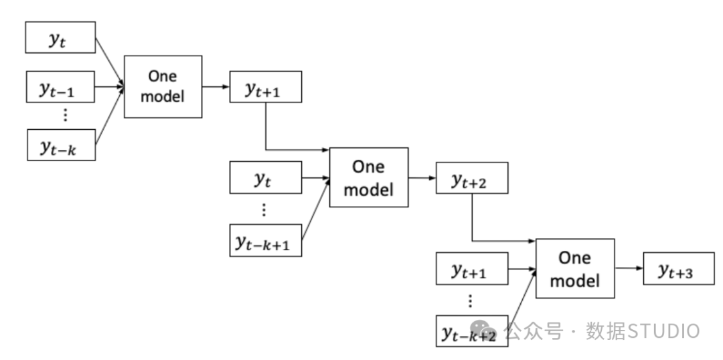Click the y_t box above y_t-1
pos(60,37)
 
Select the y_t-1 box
pos(60,87)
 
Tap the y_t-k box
pos(62,145)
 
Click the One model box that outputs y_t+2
pos(369,177)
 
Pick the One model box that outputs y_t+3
pos(575,268)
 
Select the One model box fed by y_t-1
pos(163,87)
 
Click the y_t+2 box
pos(472,178)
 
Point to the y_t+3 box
pos(679,268)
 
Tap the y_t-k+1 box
pos(266,240)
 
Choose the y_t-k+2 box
pos(472,331)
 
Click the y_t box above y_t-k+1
pos(266,177)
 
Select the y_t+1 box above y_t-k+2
pos(472,268)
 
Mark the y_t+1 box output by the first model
pos(266,87)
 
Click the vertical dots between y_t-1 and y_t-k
pos(65,114)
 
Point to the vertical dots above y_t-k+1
pos(264,209)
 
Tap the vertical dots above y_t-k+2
pos(470,301)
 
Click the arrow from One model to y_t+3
pos(629,268)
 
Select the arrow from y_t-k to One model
pos(110,116)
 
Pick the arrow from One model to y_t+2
pos(422,177)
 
